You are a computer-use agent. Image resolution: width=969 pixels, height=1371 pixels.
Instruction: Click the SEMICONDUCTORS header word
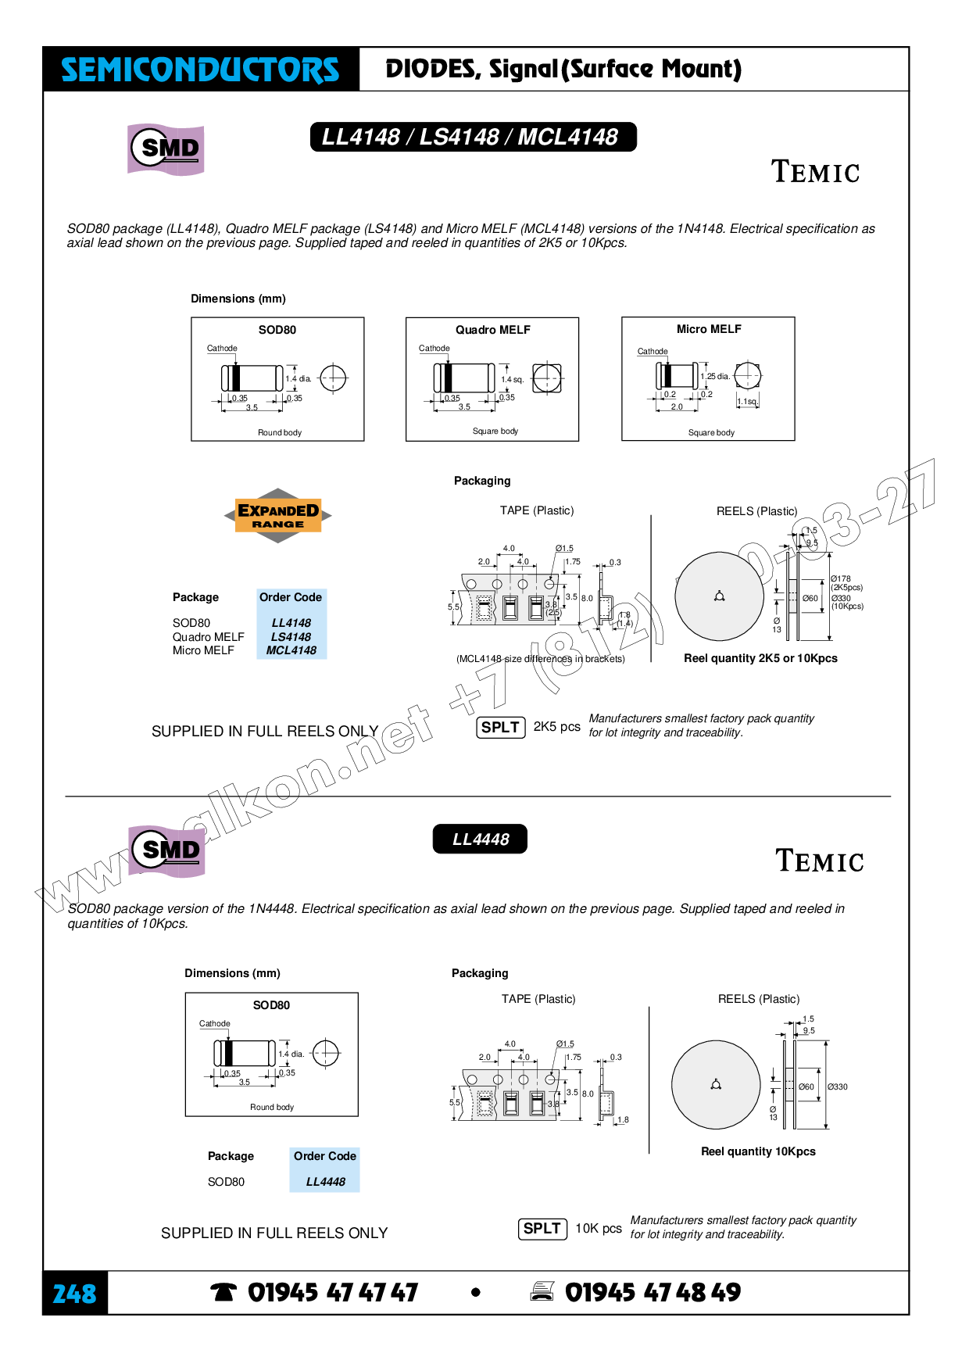tap(200, 70)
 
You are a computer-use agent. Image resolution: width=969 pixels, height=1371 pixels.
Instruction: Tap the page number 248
tap(74, 1294)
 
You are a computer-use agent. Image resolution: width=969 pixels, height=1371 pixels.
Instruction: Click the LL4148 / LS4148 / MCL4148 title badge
tap(473, 137)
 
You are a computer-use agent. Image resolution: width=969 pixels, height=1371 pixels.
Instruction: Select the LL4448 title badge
tap(480, 839)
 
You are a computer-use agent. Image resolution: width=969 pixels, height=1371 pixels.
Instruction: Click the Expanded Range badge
tap(278, 516)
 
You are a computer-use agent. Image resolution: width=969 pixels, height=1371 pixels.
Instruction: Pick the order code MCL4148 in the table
tap(291, 650)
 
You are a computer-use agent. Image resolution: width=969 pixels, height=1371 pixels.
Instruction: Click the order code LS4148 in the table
tap(291, 637)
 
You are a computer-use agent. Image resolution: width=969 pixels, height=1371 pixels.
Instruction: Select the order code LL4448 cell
tap(325, 1182)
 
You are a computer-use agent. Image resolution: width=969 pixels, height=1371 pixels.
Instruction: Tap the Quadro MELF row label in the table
tap(209, 637)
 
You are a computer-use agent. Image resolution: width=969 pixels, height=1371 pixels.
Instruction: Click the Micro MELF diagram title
tap(709, 329)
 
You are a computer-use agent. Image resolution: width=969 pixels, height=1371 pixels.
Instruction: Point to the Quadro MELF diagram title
tap(493, 330)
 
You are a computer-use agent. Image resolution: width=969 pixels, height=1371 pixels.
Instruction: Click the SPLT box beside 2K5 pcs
tap(500, 727)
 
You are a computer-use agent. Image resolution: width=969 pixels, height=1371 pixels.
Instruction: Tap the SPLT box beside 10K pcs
tap(542, 1229)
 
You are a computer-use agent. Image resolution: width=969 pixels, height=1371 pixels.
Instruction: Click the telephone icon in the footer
tap(223, 1293)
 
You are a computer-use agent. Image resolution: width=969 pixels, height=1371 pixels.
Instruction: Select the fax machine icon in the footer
tap(542, 1292)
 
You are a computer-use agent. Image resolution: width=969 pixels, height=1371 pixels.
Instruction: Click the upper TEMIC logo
tap(815, 172)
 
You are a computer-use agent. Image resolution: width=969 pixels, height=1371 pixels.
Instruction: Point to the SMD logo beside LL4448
tap(166, 850)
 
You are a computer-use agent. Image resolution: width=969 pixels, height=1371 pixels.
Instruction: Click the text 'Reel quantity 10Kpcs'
tap(758, 1151)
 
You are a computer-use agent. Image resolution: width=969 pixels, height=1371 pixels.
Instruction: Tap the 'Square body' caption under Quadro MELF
tap(495, 431)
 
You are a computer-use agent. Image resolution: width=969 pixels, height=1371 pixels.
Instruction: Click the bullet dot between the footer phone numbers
tap(475, 1293)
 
